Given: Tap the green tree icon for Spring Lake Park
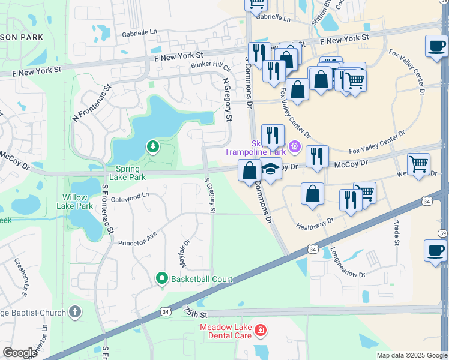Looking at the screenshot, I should pyautogui.click(x=153, y=146).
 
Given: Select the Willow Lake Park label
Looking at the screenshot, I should pyautogui.click(x=77, y=202).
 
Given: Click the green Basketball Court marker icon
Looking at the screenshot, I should pyautogui.click(x=161, y=278).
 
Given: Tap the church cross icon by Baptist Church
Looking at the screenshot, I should pyautogui.click(x=74, y=311).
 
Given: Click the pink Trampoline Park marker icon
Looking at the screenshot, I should pyautogui.click(x=294, y=146).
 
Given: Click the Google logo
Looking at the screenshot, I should pyautogui.click(x=20, y=353).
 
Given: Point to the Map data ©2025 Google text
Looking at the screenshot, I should pyautogui.click(x=411, y=355).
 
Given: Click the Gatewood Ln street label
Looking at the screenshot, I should pyautogui.click(x=129, y=196).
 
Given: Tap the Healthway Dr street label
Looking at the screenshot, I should pyautogui.click(x=315, y=224).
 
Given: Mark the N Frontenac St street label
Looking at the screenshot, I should pyautogui.click(x=92, y=103).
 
